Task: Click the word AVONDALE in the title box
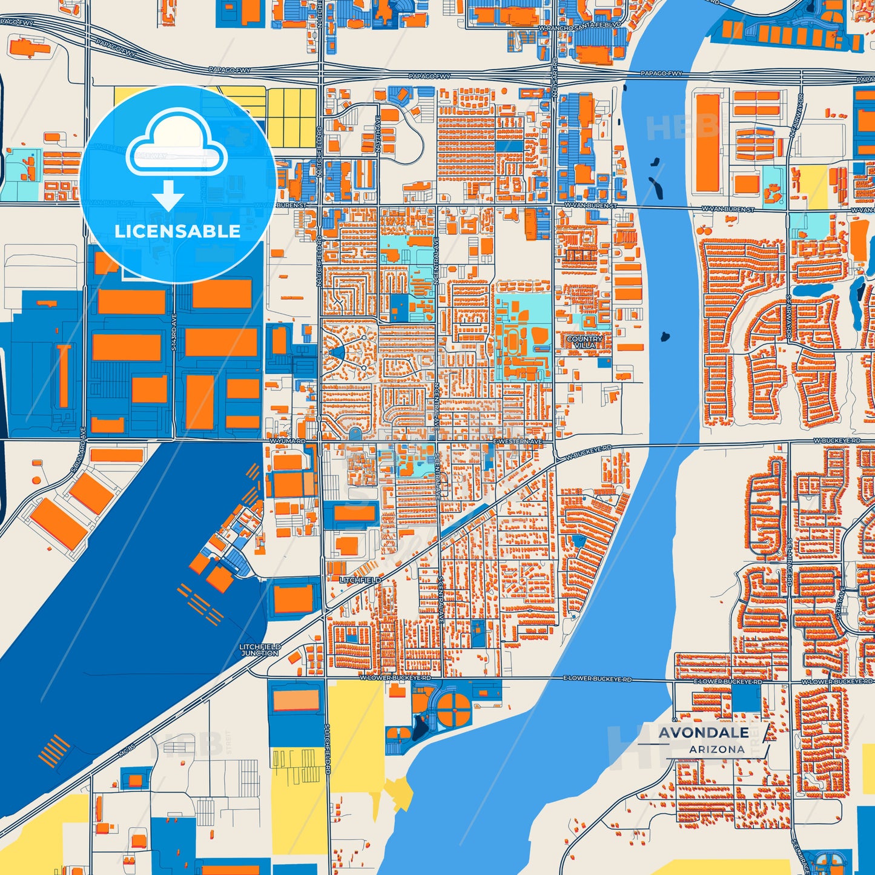(703, 733)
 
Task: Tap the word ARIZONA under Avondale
(716, 750)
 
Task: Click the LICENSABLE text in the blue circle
(177, 231)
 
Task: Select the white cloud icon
(176, 144)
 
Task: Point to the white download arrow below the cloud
(168, 196)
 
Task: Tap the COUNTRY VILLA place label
(584, 342)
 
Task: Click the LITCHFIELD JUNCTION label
(260, 650)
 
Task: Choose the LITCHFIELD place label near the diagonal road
(360, 580)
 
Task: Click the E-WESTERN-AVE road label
(518, 442)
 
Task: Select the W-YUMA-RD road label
(287, 441)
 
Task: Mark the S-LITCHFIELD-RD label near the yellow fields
(327, 750)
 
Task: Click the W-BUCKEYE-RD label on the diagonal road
(588, 453)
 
